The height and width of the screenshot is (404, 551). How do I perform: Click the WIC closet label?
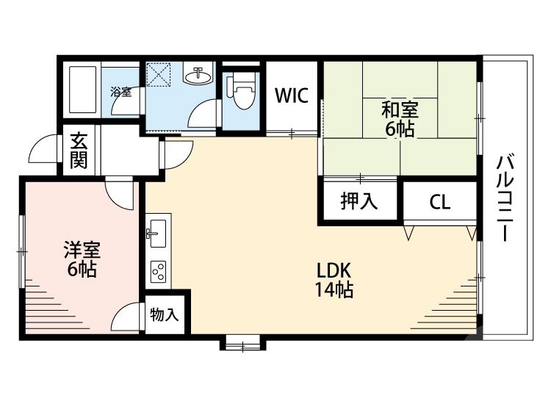[291, 95]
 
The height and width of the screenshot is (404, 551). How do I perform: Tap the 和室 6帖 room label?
[400, 120]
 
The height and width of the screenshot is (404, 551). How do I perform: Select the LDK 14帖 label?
[334, 280]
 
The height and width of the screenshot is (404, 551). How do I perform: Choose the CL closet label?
[440, 202]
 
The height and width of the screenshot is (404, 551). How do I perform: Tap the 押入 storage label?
[359, 201]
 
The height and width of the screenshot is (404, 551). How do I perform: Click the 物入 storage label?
[164, 315]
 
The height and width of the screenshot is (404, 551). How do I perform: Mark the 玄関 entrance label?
[79, 150]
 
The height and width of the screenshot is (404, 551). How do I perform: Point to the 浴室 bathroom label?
[120, 92]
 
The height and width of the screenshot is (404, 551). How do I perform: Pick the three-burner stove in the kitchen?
[158, 271]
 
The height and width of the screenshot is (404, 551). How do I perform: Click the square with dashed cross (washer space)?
[158, 74]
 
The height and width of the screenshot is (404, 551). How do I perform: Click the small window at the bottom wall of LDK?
[242, 342]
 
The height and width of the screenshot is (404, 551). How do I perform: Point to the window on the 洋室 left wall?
[22, 250]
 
